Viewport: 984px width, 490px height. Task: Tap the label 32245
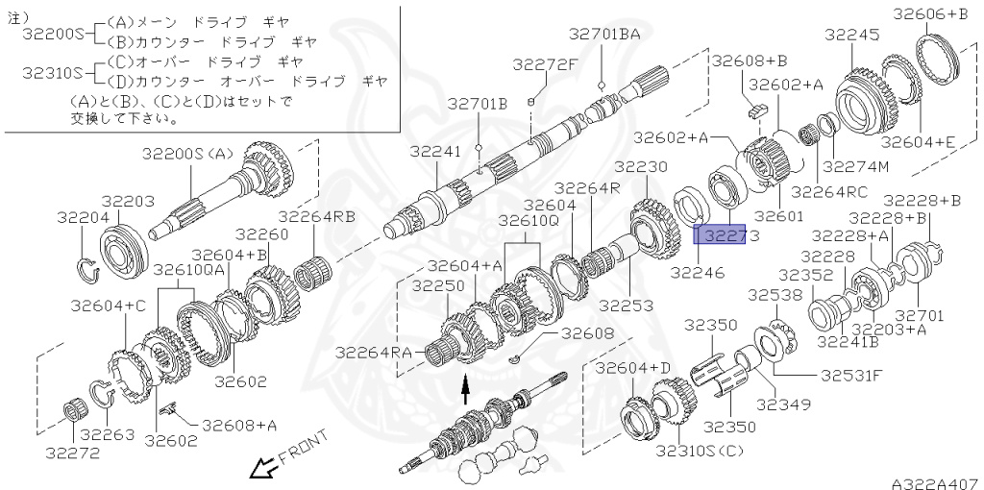pos(851,35)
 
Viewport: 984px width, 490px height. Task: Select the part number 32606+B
pos(931,13)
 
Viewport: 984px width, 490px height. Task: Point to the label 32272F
pos(545,64)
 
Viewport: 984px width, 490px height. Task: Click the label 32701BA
pos(603,35)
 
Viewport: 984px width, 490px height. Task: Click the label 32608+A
pos(239,424)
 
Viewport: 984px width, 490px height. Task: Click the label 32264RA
pos(375,352)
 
